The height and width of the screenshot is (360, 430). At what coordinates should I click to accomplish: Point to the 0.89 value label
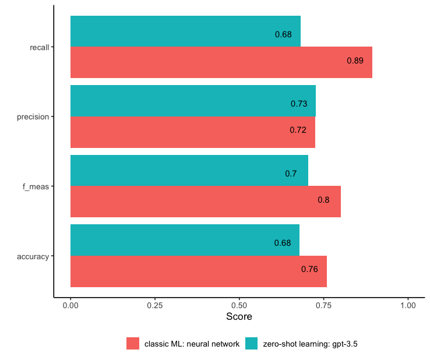[355, 61]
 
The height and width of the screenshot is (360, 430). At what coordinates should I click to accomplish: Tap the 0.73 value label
[298, 104]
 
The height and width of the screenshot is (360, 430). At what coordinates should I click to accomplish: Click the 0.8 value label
[323, 200]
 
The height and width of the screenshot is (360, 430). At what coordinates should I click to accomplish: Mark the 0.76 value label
[309, 269]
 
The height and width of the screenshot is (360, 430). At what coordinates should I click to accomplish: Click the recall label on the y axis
[39, 47]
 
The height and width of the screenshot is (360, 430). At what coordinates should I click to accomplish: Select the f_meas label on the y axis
[37, 186]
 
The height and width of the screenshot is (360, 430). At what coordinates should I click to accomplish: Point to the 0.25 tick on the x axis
[155, 305]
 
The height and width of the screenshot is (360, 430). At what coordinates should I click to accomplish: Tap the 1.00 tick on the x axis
[408, 305]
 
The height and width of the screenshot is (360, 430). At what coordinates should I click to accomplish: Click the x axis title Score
[239, 317]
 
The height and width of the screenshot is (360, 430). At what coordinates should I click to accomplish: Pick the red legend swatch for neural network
[133, 344]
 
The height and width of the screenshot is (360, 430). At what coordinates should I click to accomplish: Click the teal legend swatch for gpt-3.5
[251, 344]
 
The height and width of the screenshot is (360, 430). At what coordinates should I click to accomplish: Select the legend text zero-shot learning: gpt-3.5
[310, 344]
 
